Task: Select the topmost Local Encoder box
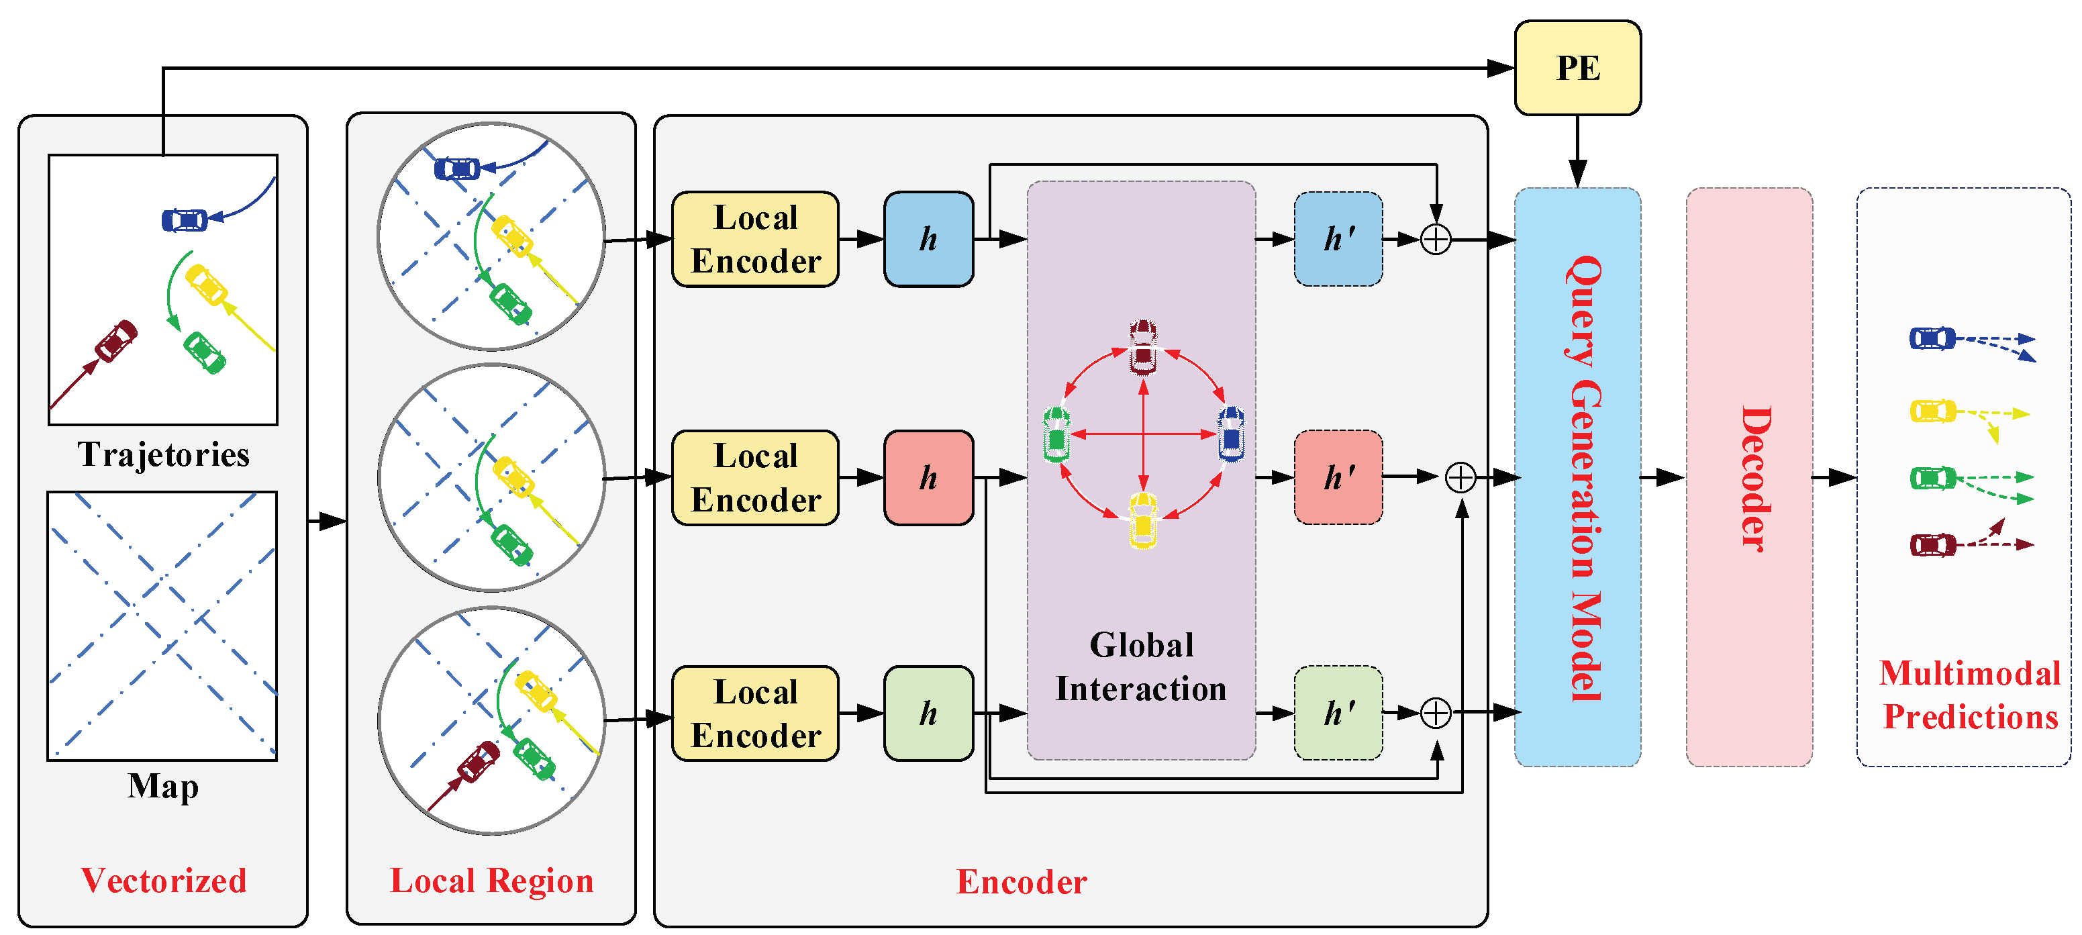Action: [755, 239]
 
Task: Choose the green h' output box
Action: [1338, 713]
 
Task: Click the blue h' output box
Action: [1338, 239]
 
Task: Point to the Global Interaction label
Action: [1140, 667]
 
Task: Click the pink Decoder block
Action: [1749, 477]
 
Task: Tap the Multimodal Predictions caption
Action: [1970, 695]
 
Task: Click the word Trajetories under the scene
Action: [163, 454]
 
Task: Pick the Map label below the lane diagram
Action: [163, 785]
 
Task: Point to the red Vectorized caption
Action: [163, 880]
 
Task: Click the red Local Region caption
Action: [491, 880]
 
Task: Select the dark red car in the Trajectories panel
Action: [116, 341]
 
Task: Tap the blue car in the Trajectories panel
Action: [185, 219]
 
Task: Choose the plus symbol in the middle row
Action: [1460, 478]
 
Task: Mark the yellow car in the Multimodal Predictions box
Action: [1932, 411]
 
